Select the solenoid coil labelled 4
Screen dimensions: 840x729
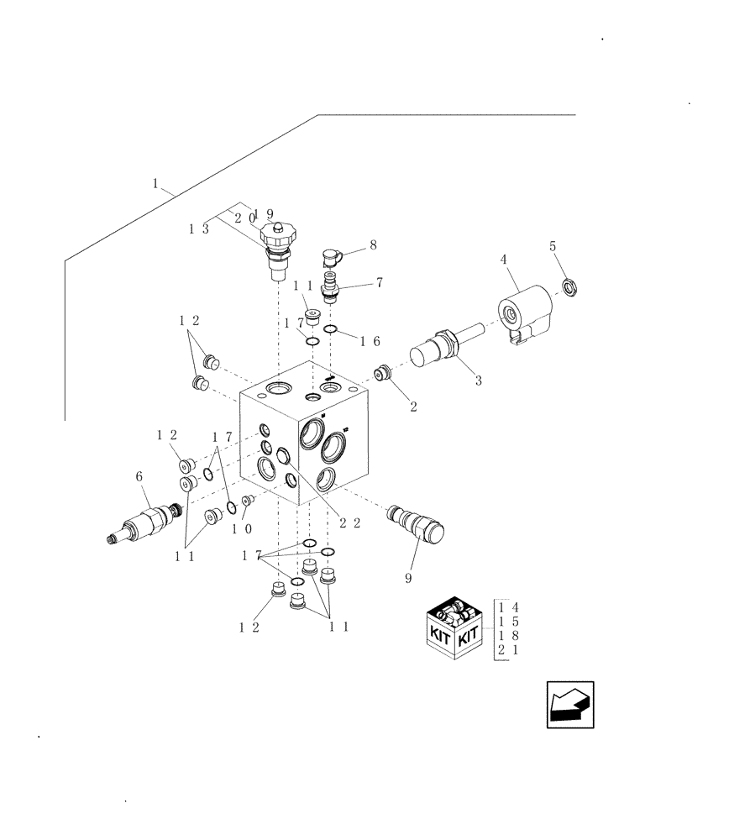(x=524, y=313)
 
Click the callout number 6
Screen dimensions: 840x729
(x=139, y=476)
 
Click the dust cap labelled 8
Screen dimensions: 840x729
(x=330, y=255)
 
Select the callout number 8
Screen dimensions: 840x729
(x=373, y=246)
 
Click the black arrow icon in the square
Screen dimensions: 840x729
(x=569, y=704)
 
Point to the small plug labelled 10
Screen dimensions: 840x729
(x=246, y=501)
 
